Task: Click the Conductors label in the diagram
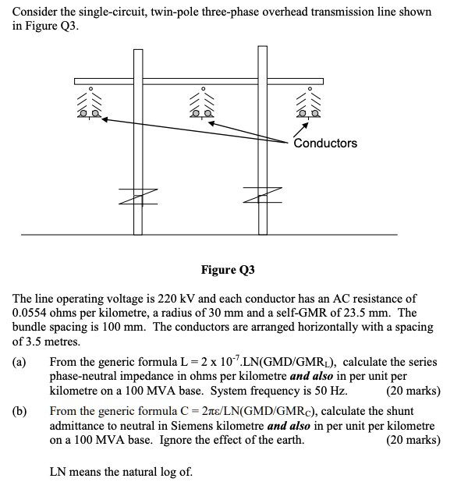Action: (325, 144)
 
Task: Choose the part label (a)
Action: (19, 363)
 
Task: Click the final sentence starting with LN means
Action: (121, 472)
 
